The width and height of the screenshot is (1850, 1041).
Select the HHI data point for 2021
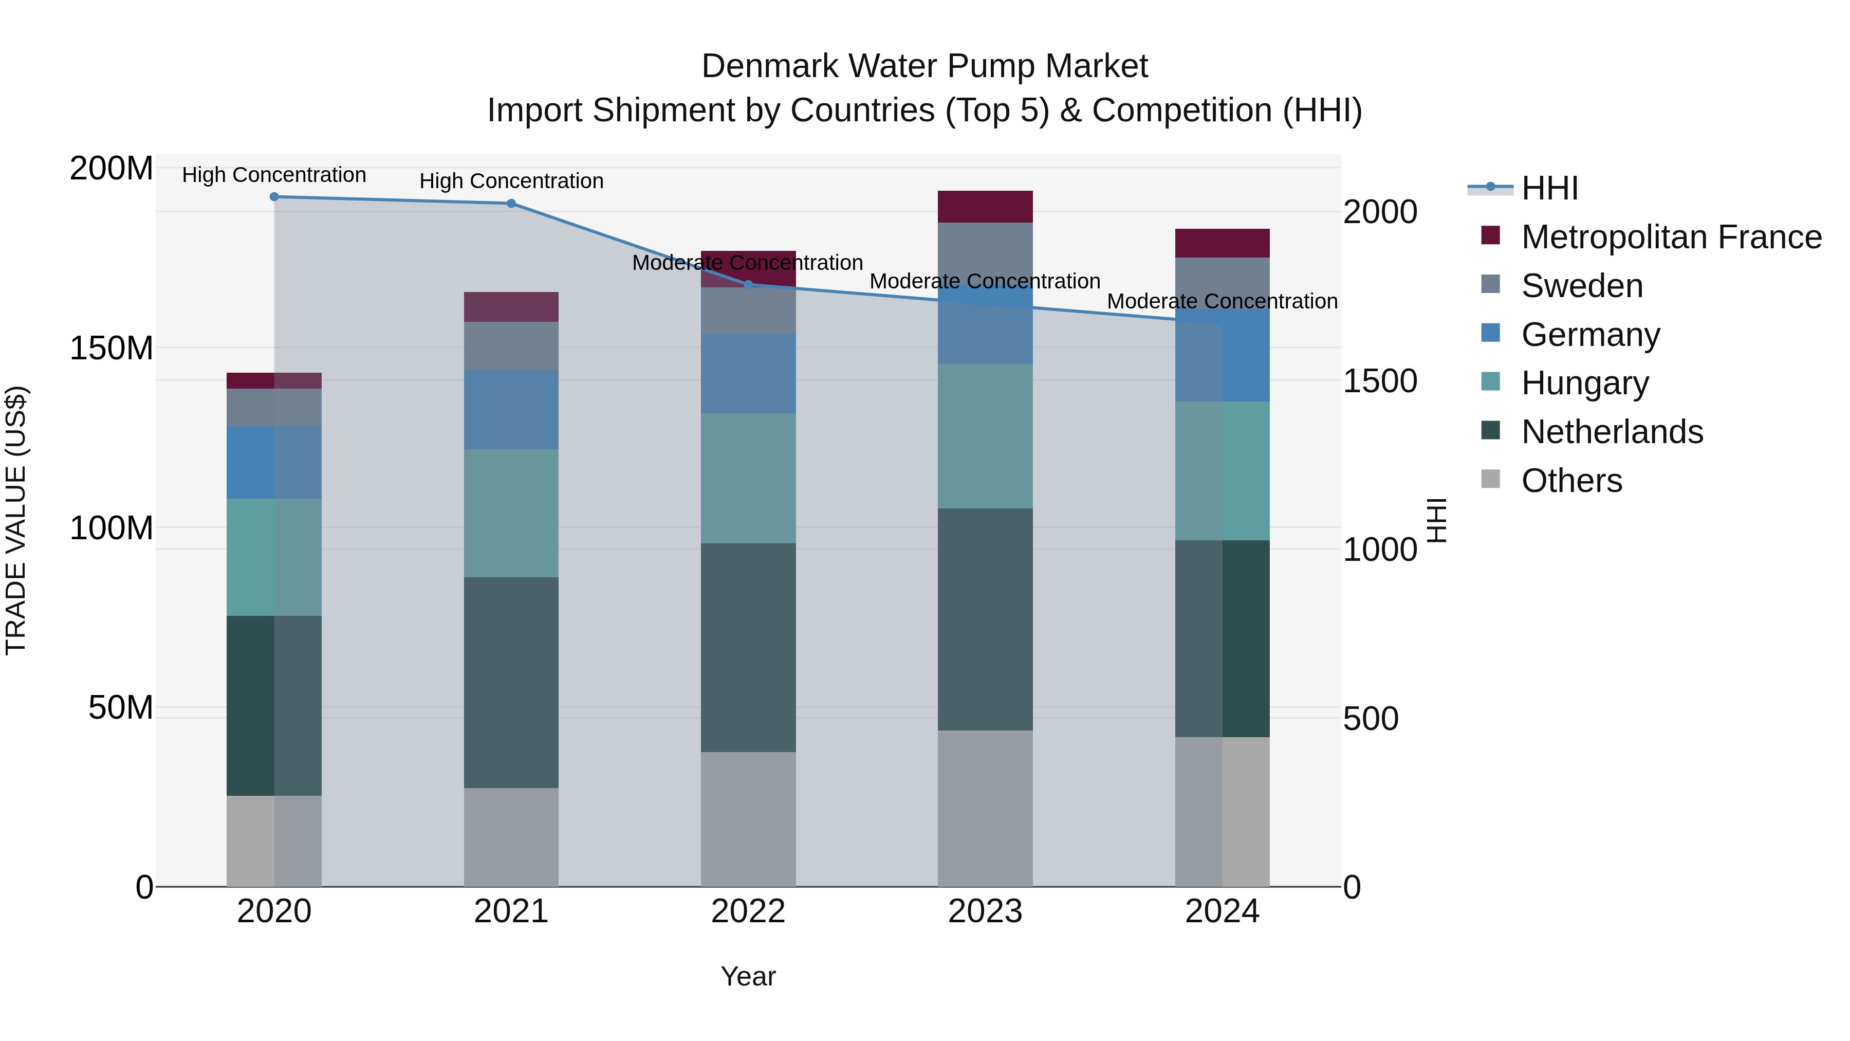[511, 203]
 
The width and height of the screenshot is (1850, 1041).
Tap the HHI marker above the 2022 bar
[748, 284]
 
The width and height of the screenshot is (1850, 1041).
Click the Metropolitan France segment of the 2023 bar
[985, 207]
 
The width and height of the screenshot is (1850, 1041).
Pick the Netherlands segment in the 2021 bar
[511, 683]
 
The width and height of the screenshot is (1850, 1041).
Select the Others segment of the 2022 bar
[748, 819]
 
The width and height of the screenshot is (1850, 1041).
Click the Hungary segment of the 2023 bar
[985, 436]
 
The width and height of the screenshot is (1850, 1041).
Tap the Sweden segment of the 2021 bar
[511, 345]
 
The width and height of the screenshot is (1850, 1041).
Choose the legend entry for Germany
[1590, 335]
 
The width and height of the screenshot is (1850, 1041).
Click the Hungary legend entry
[1584, 383]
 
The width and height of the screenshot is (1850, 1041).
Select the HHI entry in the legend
[1549, 188]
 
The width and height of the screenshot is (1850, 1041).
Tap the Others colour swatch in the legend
[1490, 479]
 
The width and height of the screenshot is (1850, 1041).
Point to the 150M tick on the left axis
[112, 349]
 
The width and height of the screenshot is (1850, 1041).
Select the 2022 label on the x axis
[748, 911]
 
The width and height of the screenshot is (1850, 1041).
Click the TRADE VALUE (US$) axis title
[16, 520]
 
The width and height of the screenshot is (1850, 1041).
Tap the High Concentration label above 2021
[511, 181]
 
